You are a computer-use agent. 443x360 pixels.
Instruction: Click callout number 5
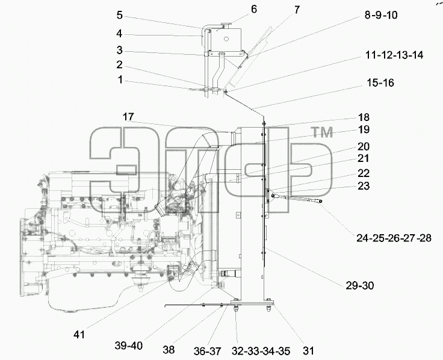(120, 15)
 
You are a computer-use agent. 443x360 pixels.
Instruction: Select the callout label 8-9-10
(381, 14)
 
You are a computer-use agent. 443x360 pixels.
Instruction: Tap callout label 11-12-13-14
(394, 55)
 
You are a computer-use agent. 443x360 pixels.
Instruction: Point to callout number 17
(128, 117)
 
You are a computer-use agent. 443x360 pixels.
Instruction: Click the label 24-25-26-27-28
(394, 238)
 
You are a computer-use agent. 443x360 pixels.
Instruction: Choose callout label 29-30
(360, 286)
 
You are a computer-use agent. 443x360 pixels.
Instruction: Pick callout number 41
(79, 335)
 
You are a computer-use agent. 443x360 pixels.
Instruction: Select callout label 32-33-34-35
(261, 351)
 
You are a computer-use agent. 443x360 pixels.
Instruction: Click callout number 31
(308, 351)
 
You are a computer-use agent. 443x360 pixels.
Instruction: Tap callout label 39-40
(129, 346)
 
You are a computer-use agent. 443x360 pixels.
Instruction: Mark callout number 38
(169, 350)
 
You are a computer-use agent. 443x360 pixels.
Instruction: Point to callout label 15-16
(380, 83)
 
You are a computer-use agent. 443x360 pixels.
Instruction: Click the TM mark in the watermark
(322, 132)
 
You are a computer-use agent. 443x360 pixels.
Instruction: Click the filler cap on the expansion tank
(227, 25)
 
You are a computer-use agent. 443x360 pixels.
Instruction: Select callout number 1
(120, 79)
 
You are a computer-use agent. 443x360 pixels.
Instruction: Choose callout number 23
(364, 186)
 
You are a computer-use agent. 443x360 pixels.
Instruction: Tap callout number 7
(297, 10)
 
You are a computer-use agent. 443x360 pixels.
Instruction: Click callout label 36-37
(207, 351)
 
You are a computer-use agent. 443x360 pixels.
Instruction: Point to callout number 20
(364, 147)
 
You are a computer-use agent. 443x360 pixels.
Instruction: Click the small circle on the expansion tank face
(226, 39)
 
